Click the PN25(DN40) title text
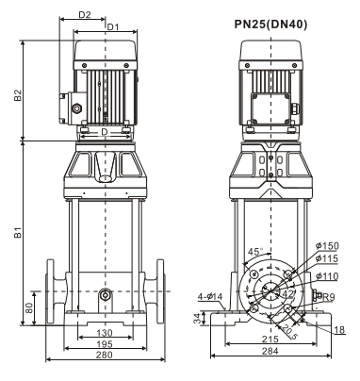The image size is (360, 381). (x=270, y=25)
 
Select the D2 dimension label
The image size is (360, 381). (x=85, y=14)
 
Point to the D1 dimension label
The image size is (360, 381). (x=113, y=27)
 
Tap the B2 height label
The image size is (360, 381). (x=18, y=95)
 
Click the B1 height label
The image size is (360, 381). (x=18, y=232)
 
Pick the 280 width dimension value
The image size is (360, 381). (x=105, y=355)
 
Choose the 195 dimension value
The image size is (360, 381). (x=105, y=344)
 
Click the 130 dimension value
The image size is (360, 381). (x=105, y=333)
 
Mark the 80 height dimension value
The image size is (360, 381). (x=29, y=308)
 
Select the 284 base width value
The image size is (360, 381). (x=270, y=351)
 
